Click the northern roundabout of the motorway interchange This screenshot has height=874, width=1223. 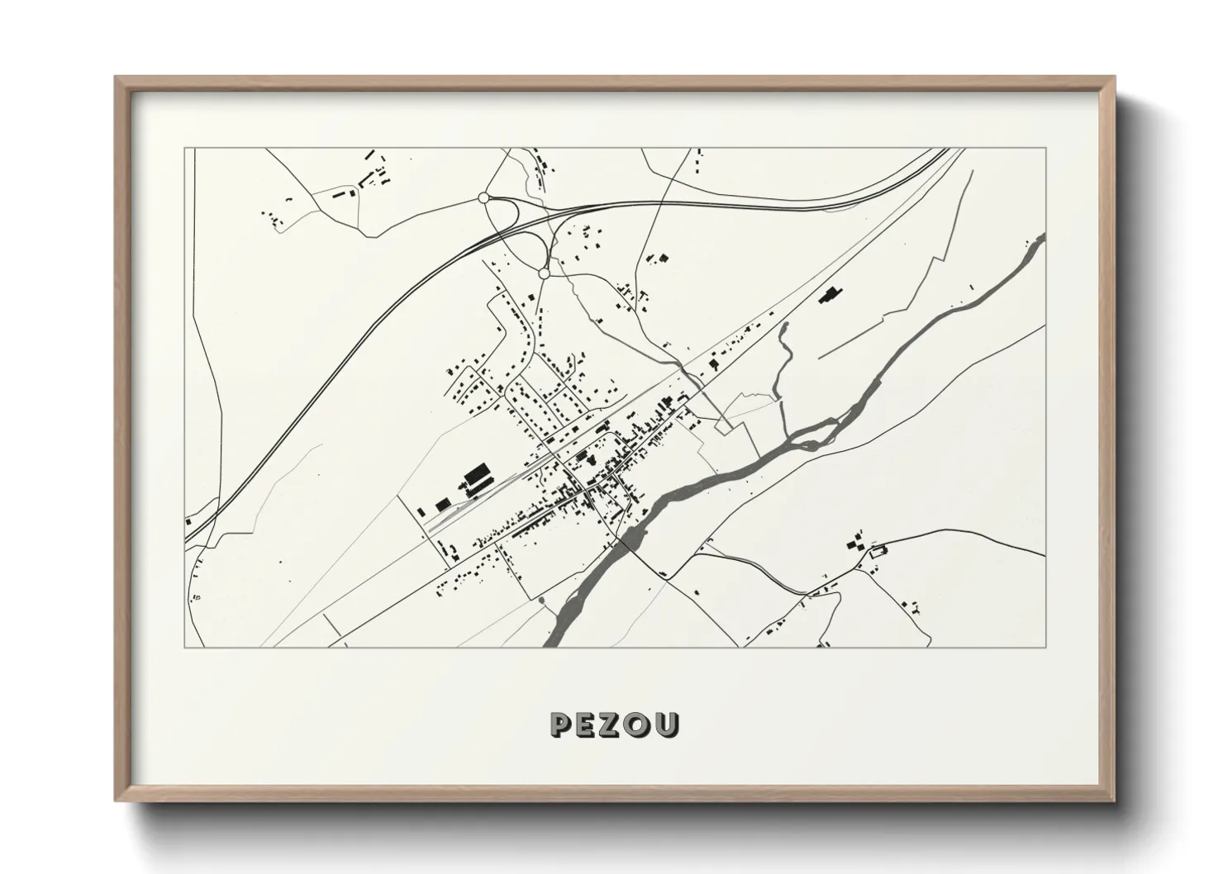[483, 198]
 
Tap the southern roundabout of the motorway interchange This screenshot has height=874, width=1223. [543, 272]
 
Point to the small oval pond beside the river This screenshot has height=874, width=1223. [541, 600]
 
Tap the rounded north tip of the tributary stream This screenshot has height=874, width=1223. [783, 327]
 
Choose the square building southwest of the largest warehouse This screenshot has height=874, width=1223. [442, 503]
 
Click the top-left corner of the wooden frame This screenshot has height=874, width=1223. [116, 78]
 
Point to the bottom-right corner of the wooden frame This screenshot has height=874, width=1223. [1114, 800]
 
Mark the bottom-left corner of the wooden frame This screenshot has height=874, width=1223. [116, 800]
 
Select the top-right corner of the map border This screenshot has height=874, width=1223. [1046, 148]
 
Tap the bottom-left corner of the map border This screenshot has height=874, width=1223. [184, 647]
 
